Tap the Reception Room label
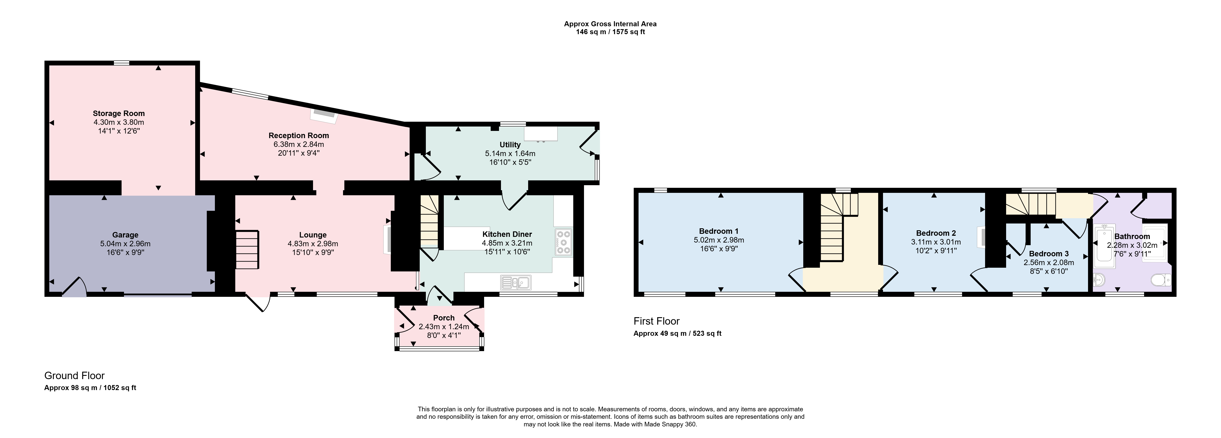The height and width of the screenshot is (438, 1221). [x=299, y=135]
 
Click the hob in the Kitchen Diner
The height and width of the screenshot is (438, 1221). [x=563, y=243]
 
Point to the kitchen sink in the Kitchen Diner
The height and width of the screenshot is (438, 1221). [x=516, y=283]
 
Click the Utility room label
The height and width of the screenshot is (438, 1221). [x=510, y=144]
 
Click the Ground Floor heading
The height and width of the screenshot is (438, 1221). [x=74, y=375]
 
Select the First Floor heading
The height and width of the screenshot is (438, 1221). [x=657, y=321]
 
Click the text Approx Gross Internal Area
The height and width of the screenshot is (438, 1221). [x=610, y=24]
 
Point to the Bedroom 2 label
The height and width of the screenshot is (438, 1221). [x=936, y=233]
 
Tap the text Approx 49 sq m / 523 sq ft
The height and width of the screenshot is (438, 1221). [x=677, y=333]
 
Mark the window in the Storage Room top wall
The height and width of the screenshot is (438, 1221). [x=122, y=63]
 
